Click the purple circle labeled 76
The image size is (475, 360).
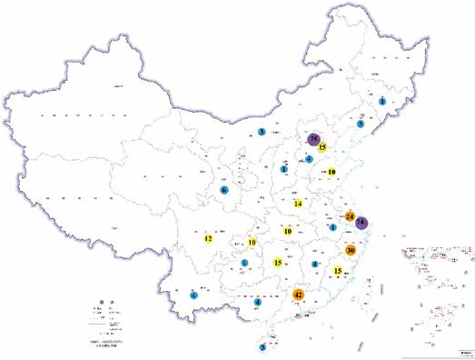[x=314, y=139]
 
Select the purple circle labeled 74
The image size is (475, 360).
[x=361, y=223]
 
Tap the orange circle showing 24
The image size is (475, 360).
[x=351, y=216]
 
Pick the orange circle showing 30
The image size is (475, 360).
[x=351, y=250]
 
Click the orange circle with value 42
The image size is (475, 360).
[x=299, y=295]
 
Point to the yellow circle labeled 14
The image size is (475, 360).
[x=298, y=205]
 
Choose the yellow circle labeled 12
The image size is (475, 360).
[x=208, y=239]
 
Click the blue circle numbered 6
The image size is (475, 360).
[x=223, y=190]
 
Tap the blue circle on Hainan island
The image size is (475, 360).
[x=263, y=346]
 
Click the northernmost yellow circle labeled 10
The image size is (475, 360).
[x=332, y=171]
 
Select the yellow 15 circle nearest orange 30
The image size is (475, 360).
[x=338, y=271]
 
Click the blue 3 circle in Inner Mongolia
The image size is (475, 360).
[x=262, y=133]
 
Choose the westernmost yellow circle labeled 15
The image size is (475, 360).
[x=278, y=263]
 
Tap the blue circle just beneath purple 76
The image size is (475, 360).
[x=310, y=159]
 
